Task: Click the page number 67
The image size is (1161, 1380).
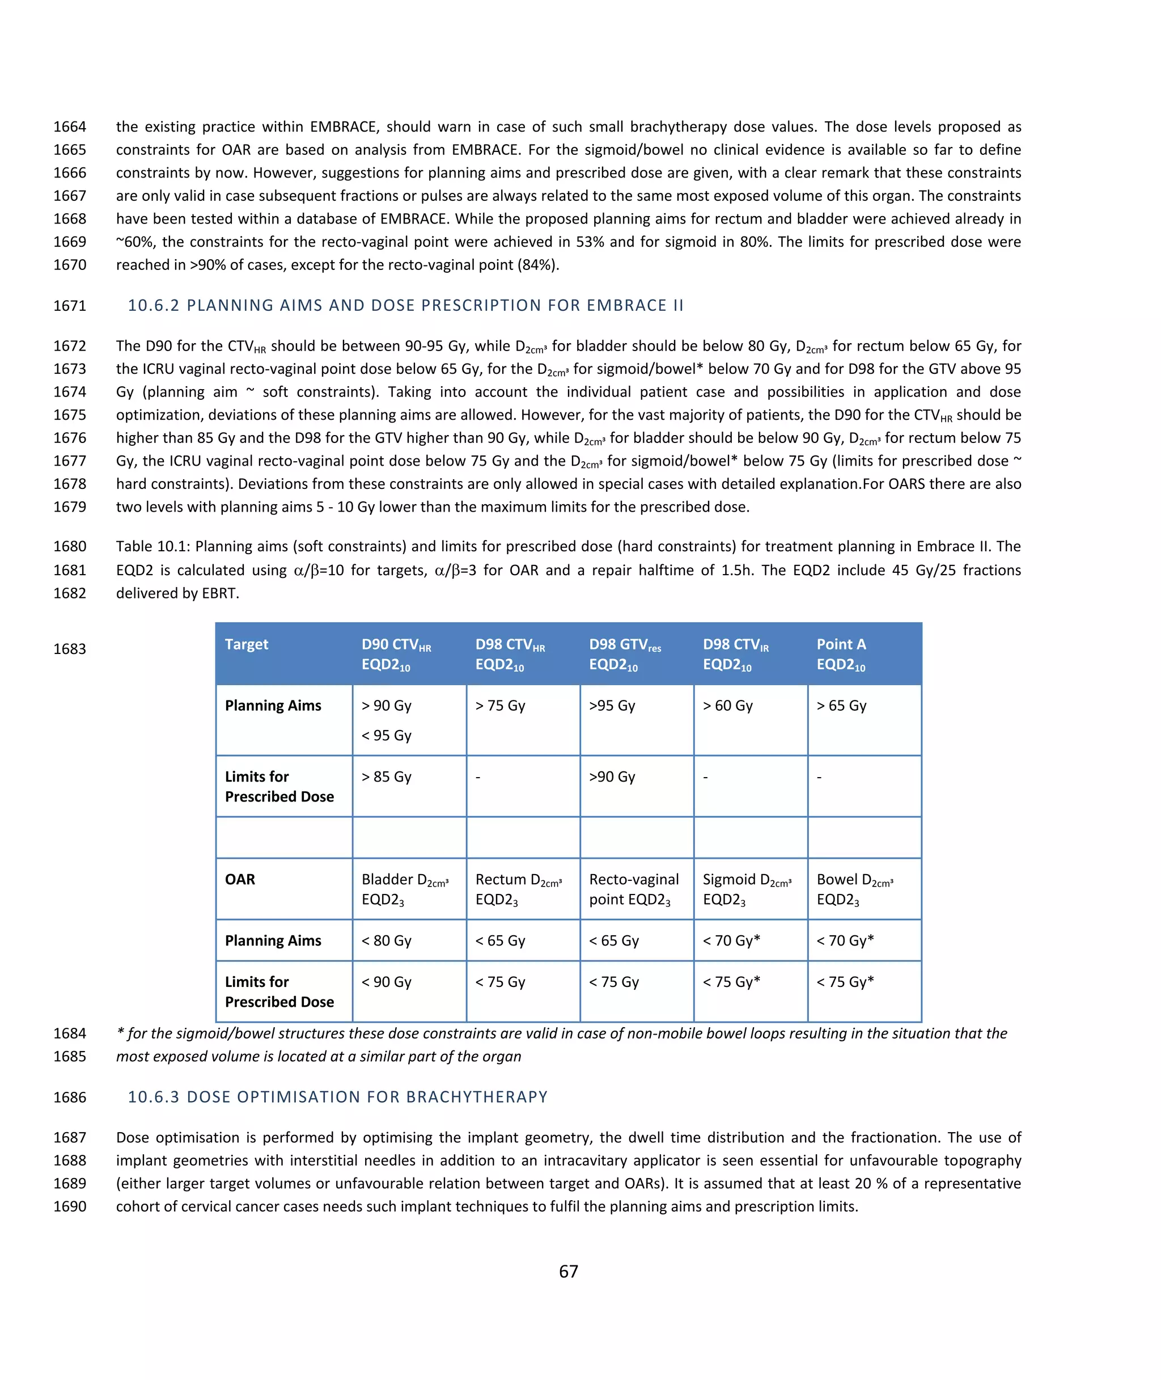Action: (568, 1271)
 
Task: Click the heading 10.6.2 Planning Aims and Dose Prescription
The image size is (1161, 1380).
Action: (405, 306)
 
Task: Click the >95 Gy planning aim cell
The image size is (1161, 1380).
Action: (612, 706)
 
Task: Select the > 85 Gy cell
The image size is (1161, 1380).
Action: (387, 777)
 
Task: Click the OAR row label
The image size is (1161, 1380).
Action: (240, 880)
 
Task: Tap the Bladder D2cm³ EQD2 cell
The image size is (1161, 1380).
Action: (405, 889)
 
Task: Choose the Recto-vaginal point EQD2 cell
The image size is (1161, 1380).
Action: (633, 889)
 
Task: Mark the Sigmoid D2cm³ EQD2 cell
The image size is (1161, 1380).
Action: (747, 889)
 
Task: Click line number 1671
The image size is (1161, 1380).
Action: (70, 306)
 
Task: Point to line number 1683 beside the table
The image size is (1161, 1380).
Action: (70, 649)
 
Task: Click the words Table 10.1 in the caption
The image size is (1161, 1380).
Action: (152, 546)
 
